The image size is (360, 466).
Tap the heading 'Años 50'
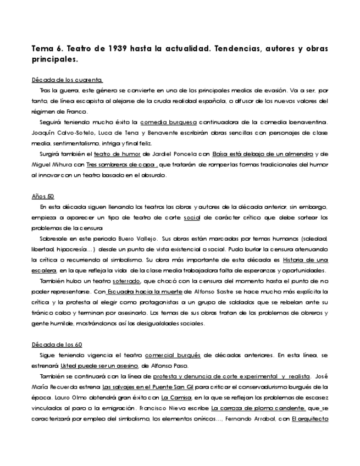click(43, 196)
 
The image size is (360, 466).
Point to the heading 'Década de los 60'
click(57, 345)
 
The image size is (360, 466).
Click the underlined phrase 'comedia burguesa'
click(168, 122)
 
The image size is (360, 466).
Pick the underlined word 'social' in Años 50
click(191, 218)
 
